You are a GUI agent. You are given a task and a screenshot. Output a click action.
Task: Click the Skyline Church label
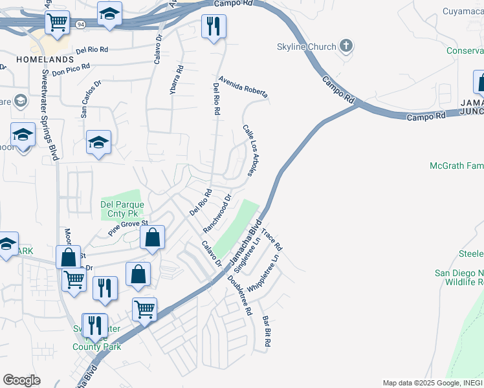click(x=306, y=47)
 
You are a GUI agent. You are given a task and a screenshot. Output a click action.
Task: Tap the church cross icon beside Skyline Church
click(x=347, y=46)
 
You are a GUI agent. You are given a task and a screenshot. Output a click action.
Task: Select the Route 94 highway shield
click(x=80, y=25)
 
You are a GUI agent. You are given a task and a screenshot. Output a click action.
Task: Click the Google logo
click(x=21, y=380)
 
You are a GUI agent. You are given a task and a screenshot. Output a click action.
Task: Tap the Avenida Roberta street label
click(x=243, y=87)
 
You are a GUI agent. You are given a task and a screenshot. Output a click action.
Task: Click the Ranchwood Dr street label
click(x=217, y=214)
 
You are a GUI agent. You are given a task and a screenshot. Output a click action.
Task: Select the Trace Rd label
click(x=272, y=239)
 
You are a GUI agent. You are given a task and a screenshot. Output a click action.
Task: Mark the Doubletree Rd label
click(x=239, y=295)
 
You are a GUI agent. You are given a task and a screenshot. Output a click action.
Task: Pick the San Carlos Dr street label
click(x=91, y=99)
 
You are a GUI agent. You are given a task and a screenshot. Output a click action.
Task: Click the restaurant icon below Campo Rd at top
click(x=214, y=27)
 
